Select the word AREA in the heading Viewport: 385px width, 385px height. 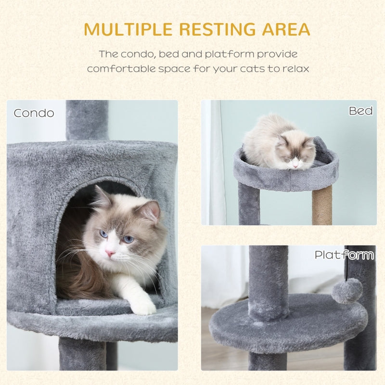click(286, 29)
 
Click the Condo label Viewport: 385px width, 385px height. click(34, 114)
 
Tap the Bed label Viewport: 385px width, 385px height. click(361, 111)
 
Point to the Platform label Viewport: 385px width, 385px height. click(344, 255)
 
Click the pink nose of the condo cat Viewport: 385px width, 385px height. click(110, 253)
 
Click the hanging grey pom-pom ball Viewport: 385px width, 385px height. click(347, 291)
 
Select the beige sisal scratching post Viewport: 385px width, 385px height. click(322, 206)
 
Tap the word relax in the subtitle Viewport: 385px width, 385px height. click(295, 68)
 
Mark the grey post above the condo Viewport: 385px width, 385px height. click(87, 120)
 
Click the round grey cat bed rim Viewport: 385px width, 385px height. click(286, 179)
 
